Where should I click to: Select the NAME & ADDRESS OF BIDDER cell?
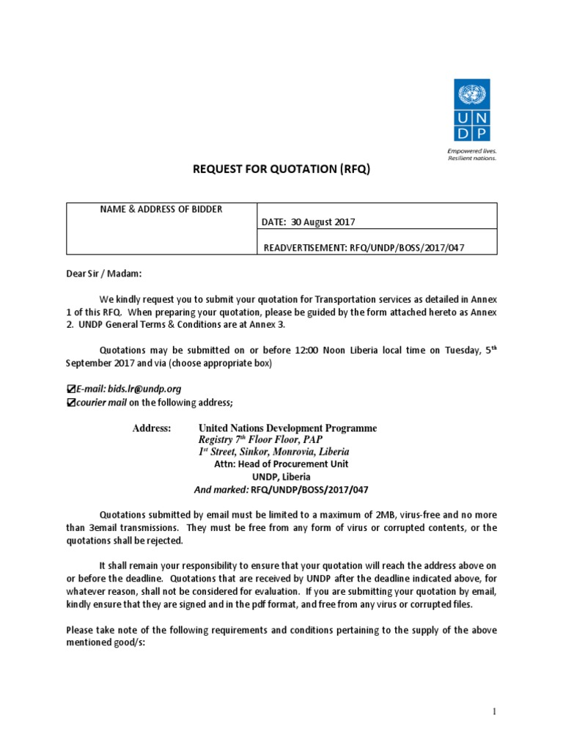[161, 210]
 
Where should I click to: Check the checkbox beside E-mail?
[70, 389]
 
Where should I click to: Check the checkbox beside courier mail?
[70, 402]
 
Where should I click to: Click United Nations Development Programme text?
[287, 428]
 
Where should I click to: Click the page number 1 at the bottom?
[494, 711]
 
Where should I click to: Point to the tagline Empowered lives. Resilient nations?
[472, 153]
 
